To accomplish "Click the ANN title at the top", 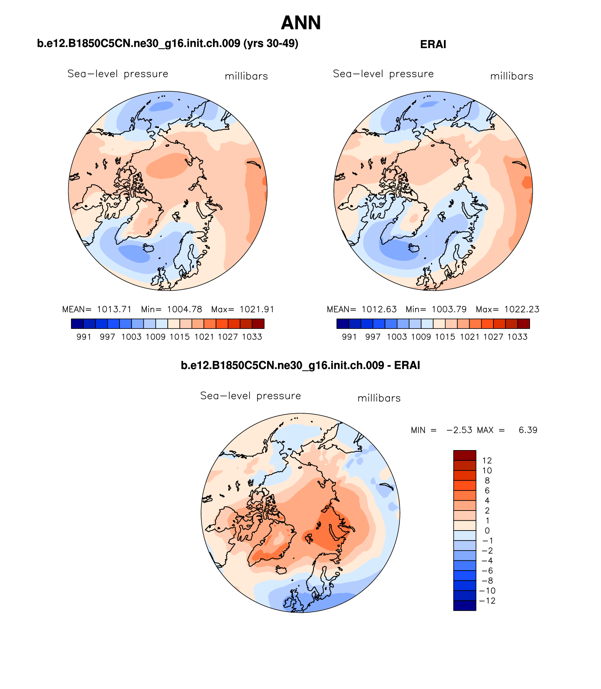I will coord(301,23).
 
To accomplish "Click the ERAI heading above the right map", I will coord(433,45).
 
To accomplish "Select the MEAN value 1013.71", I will coord(114,310).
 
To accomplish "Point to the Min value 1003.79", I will coord(449,310).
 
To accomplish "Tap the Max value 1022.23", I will coord(522,310).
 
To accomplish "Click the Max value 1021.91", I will coord(257,310).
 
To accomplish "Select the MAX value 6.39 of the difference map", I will coord(528,430).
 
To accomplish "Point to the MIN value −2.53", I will coord(459,430).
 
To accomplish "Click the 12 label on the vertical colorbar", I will coord(487,461).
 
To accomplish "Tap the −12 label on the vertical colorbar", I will coord(487,601).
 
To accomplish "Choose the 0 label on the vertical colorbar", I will coord(487,531).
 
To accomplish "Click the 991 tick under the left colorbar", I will coord(84,337).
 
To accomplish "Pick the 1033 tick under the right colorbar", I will coord(517,337).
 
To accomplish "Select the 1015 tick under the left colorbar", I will coord(180,337).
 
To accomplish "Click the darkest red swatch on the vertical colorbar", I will coord(465,455).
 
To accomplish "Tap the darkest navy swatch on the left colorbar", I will coord(77,324).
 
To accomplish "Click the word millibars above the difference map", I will coord(379,398).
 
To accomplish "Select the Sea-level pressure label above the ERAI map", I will coord(383,74).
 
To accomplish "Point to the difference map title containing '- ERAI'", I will coord(300,365).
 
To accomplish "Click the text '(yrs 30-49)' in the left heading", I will coord(271,44).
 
